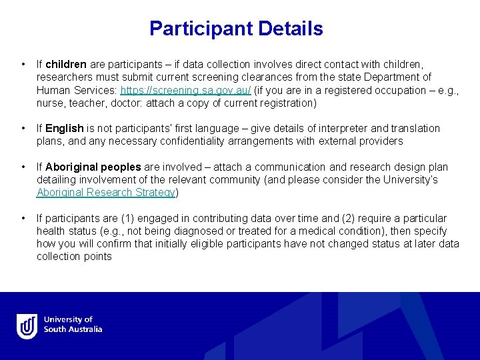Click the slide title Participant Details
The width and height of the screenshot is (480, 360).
click(x=236, y=29)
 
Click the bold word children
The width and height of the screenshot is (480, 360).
click(x=66, y=65)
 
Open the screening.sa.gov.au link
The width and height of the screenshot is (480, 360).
click(x=185, y=91)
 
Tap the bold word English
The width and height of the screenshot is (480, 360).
click(x=64, y=129)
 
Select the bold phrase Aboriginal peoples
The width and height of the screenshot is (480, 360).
click(x=93, y=167)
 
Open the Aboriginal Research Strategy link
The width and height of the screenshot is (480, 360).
click(x=105, y=193)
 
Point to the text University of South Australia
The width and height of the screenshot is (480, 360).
click(x=73, y=325)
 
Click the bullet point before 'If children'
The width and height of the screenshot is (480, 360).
click(x=23, y=65)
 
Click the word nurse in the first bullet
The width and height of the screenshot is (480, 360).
click(x=50, y=103)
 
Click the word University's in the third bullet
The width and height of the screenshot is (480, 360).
click(x=413, y=180)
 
